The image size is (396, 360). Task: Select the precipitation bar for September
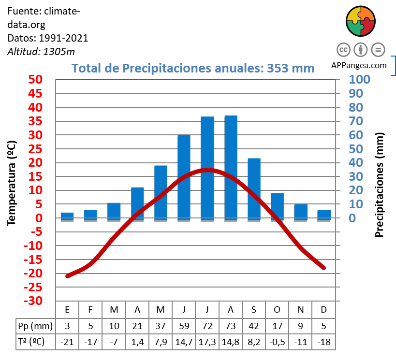254,189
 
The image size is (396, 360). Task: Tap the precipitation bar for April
137,203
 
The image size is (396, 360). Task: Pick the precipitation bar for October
277,206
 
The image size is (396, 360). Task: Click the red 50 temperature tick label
34,79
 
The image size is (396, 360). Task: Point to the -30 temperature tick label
32,301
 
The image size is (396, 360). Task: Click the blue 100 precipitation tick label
359,79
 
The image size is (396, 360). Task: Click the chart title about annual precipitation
193,68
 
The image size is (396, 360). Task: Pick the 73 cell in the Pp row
231,325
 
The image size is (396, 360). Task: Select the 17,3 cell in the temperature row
207,342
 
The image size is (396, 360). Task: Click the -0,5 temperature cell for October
277,342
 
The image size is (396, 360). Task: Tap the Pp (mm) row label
35,325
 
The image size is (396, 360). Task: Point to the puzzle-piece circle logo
361,22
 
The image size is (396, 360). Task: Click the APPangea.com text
359,65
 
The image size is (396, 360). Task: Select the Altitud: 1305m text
41,52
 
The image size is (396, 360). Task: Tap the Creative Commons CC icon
343,49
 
